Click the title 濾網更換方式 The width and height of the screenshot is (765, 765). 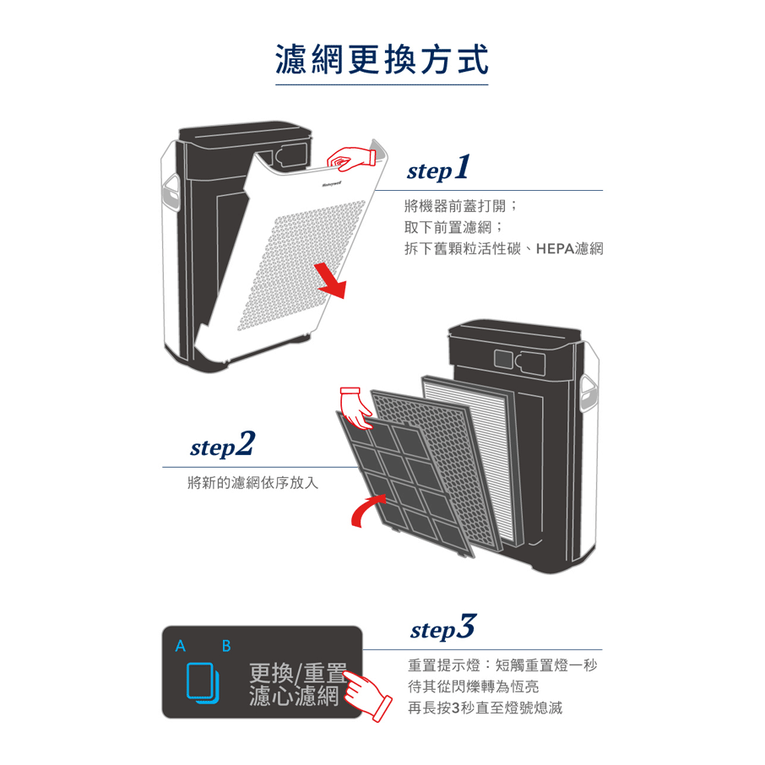pos(382,60)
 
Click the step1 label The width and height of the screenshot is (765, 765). pos(437,169)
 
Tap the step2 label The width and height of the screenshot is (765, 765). pos(221,445)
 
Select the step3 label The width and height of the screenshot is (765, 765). pos(442,629)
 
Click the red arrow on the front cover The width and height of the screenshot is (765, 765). pos(331,279)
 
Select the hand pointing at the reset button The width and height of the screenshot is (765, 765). pos(369,697)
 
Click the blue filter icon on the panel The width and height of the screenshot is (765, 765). pos(202,682)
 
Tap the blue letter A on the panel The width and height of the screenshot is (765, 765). pos(179,647)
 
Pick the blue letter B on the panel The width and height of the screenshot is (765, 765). pos(225,647)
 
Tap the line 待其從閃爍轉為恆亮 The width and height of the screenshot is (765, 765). pos(473,686)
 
